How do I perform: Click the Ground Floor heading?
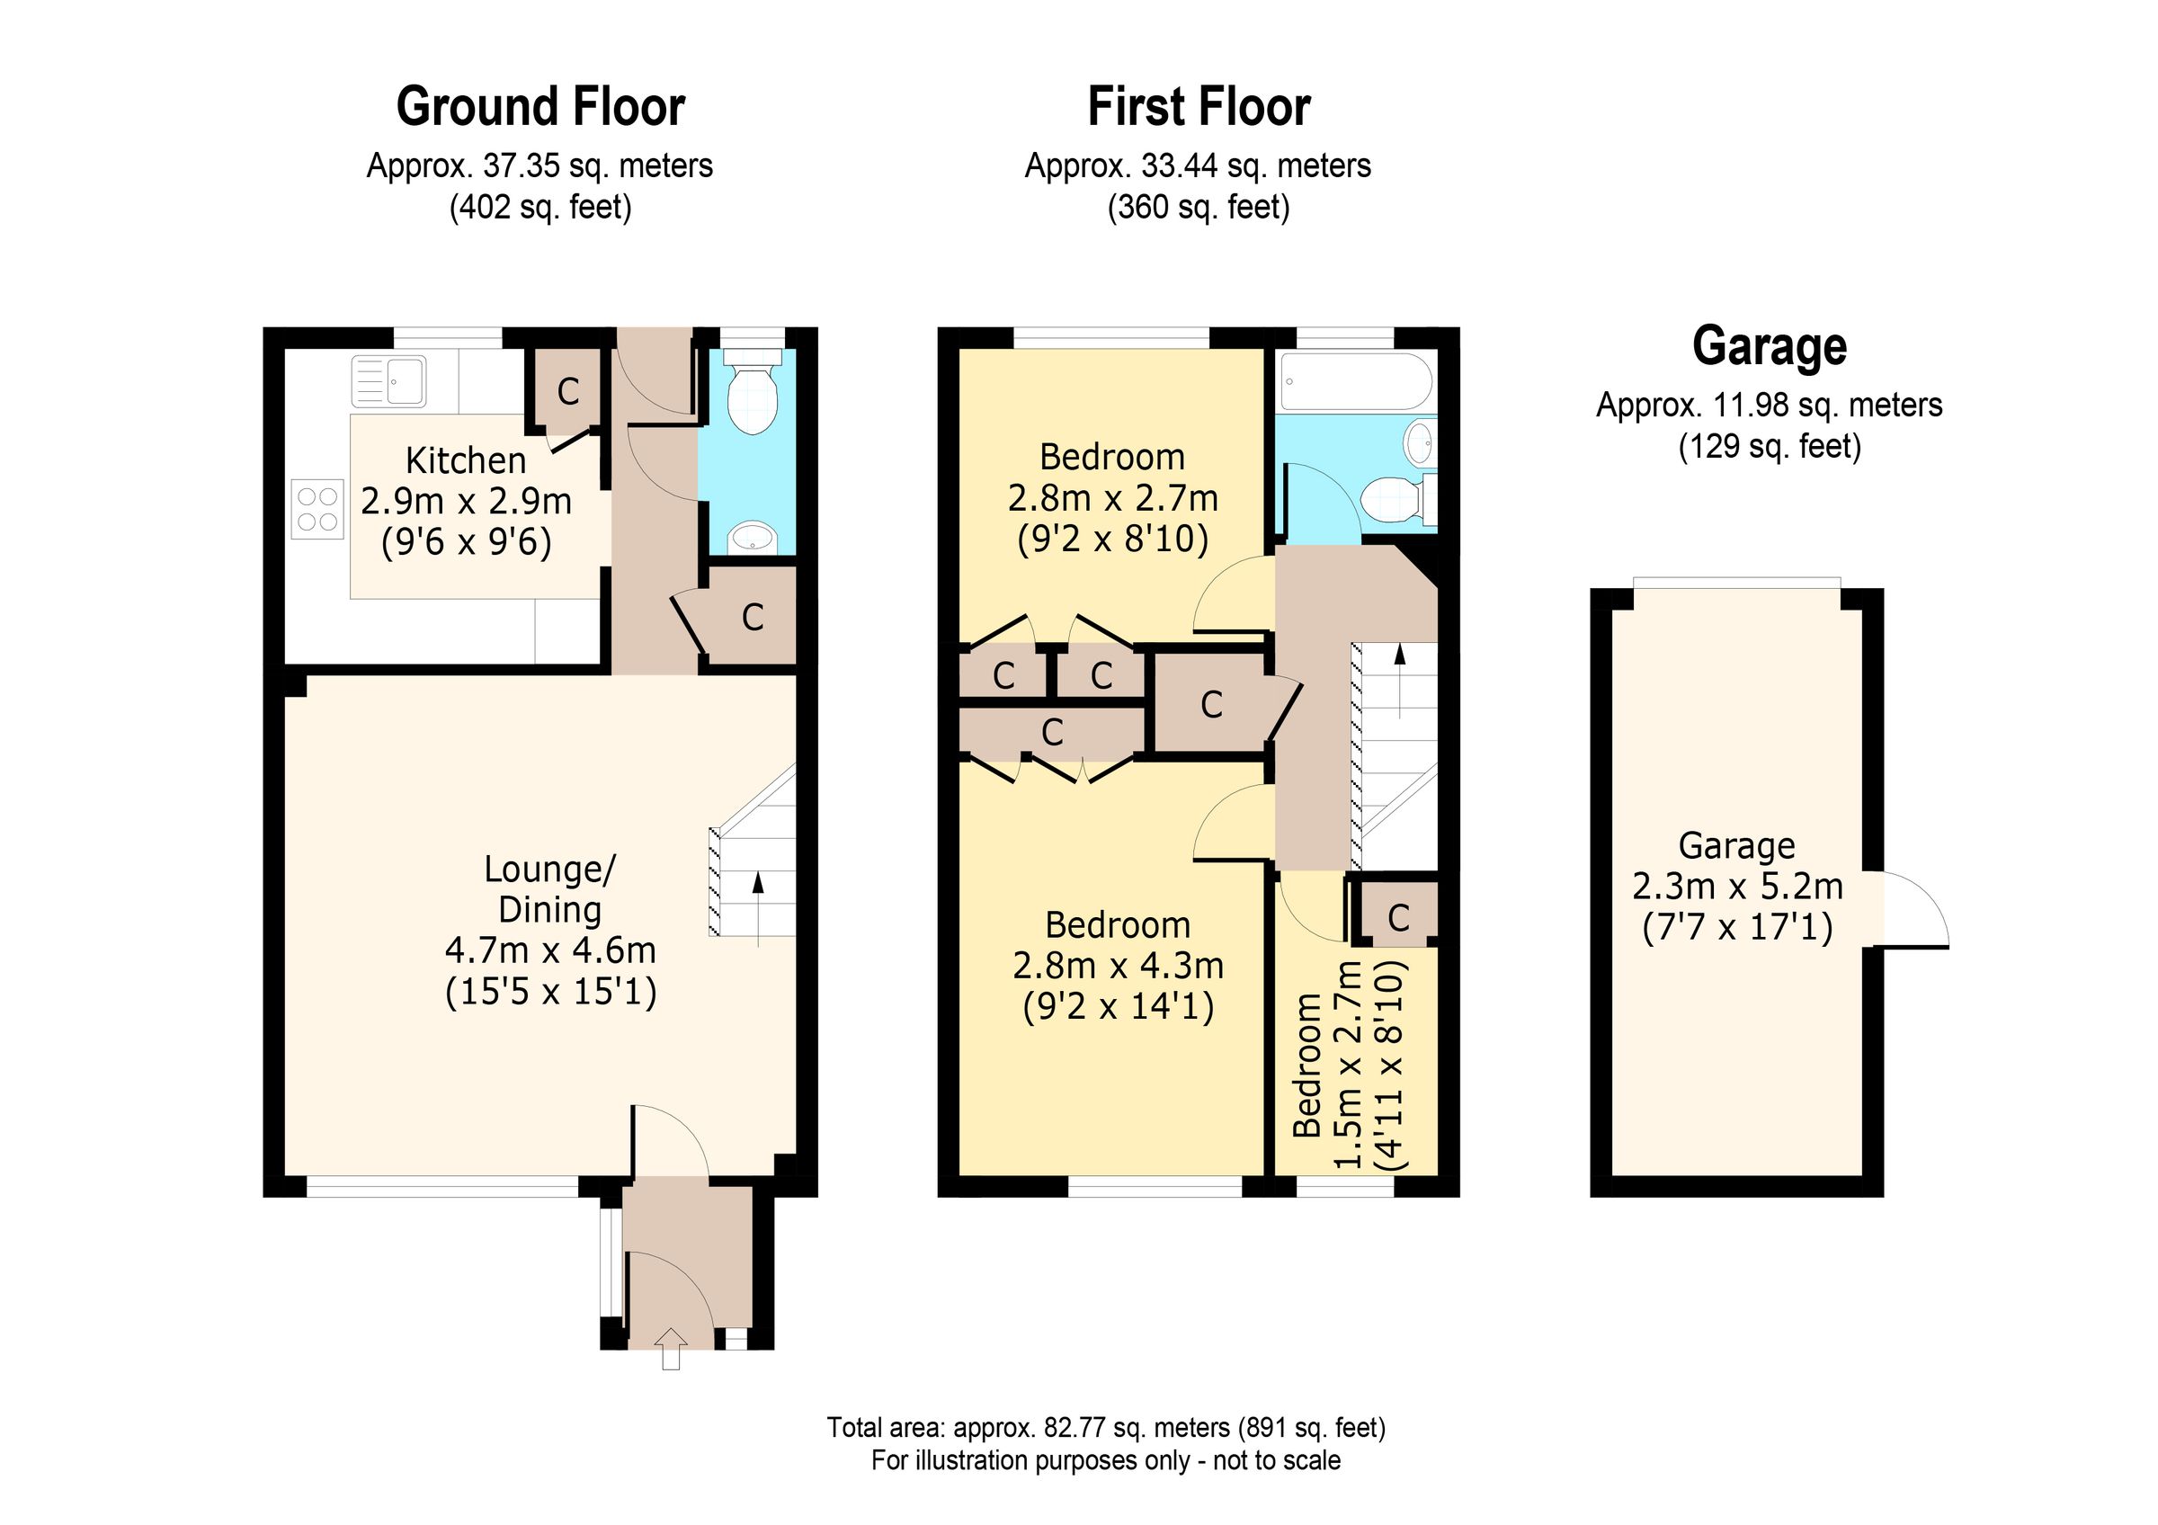[x=539, y=107]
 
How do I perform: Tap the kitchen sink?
[x=388, y=380]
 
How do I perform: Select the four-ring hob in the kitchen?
[x=317, y=508]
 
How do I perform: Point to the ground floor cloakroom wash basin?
[x=752, y=539]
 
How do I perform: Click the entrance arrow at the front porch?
[x=670, y=1350]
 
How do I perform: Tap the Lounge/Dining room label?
[x=548, y=889]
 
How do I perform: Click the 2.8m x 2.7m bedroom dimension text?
[x=1113, y=498]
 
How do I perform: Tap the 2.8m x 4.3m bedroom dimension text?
[x=1118, y=966]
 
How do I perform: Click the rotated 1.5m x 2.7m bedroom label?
[x=1348, y=1064]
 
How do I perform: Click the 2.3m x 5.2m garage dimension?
[x=1737, y=886]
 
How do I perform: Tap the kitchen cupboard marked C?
[x=567, y=391]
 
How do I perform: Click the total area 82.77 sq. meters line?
[x=1105, y=1427]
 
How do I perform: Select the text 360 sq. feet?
[x=1198, y=207]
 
